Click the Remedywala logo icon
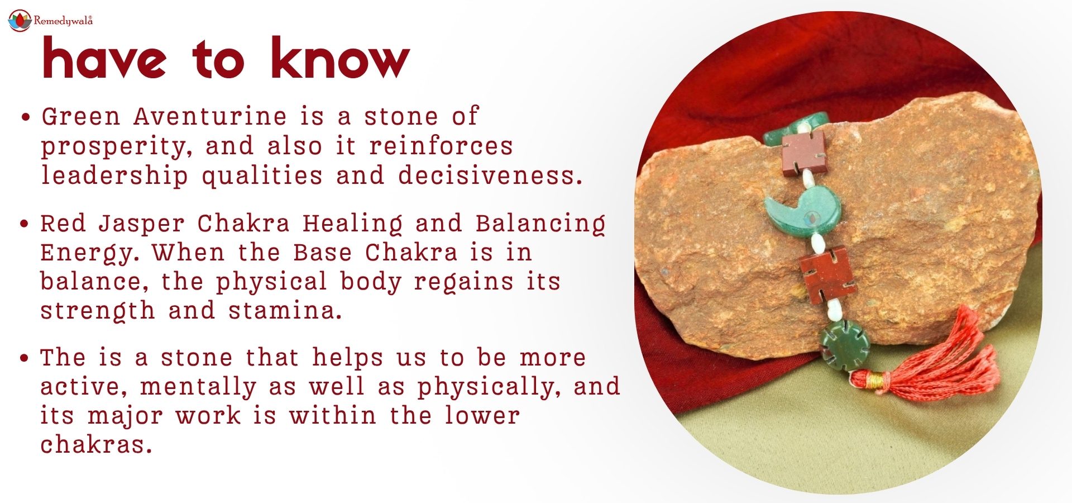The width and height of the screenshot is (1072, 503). coord(20,21)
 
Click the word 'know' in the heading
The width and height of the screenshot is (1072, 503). coord(340,58)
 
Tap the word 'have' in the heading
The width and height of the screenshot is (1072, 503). coord(104,58)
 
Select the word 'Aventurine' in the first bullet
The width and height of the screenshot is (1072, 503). coord(210,116)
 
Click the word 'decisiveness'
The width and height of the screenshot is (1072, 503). coord(490,175)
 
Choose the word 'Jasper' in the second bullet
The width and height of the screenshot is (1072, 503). coord(141,224)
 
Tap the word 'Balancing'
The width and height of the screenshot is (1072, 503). coord(540,224)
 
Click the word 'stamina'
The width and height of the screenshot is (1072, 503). coord(285,310)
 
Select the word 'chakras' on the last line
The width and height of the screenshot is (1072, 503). coord(95,444)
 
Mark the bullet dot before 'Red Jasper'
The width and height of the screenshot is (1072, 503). coord(25,224)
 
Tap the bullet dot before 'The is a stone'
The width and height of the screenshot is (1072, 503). coord(25,358)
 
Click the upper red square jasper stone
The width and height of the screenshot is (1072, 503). coord(803,152)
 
